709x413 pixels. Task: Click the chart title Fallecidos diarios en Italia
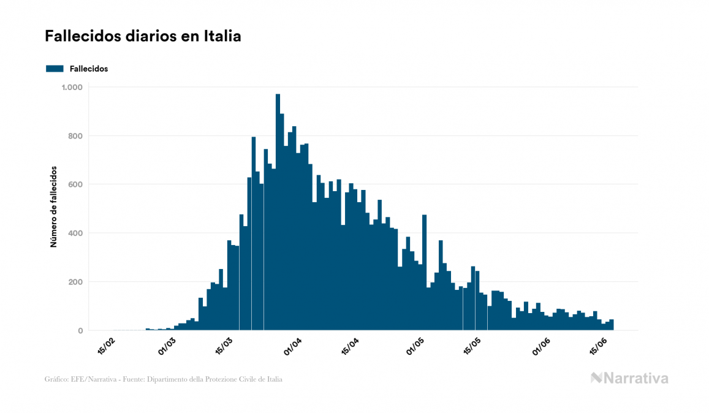[x=143, y=37]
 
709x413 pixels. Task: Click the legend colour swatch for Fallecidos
[x=55, y=69]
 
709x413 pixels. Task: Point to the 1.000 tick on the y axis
[x=72, y=88]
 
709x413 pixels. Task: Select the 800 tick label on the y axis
[x=76, y=136]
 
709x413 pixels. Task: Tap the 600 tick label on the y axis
[x=76, y=184]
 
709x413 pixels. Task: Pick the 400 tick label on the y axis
[x=76, y=233]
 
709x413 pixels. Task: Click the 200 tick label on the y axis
[x=76, y=282]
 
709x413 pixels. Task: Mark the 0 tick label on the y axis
[x=80, y=331]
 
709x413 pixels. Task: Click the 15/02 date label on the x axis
[x=105, y=346]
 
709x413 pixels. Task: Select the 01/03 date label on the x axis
[x=167, y=346]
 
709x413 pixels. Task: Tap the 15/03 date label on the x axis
[x=224, y=346]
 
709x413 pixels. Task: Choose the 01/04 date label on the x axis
[x=292, y=346]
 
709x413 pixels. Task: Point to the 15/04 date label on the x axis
[x=350, y=346]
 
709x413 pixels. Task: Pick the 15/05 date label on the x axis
[x=472, y=346]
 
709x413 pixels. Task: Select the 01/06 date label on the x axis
[x=540, y=346]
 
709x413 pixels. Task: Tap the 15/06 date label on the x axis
[x=597, y=346]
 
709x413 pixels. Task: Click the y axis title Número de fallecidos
[x=53, y=206]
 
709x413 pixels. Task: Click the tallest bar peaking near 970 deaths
[x=278, y=214]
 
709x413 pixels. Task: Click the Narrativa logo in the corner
[x=629, y=378]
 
